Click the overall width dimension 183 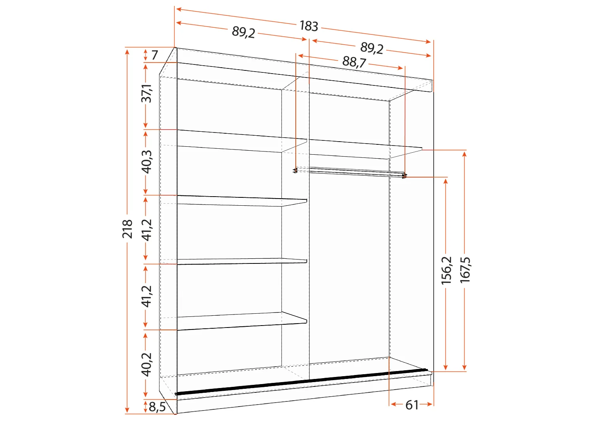tap(309, 26)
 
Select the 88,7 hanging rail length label tap(354, 62)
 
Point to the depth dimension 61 tap(412, 405)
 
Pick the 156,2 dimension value tap(446, 270)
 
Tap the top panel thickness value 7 tap(154, 55)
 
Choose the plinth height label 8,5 tap(157, 407)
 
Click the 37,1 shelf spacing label tap(146, 93)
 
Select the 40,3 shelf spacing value tap(146, 161)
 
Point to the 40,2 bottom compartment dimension tap(146, 364)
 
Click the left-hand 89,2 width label tap(243, 32)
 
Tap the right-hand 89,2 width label tap(372, 48)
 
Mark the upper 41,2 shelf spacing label tap(146, 229)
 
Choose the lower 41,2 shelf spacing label tap(146, 296)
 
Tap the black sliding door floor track tap(300, 382)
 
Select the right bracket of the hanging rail tap(404, 176)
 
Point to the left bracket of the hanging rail tap(295, 170)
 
